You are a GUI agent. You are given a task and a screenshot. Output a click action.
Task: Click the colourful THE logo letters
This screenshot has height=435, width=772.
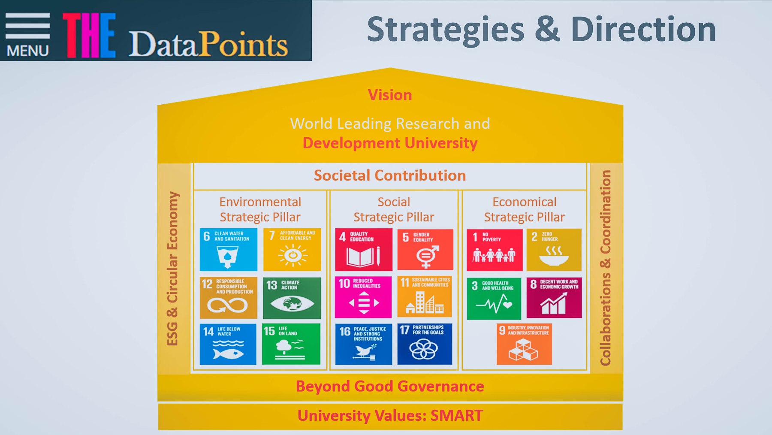pos(89,35)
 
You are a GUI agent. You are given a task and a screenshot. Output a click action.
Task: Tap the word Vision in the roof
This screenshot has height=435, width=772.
pos(390,95)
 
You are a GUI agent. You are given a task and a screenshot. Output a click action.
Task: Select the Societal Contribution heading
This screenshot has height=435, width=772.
pos(390,175)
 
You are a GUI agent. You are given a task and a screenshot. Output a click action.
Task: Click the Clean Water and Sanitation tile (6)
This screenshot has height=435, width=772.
pos(229,249)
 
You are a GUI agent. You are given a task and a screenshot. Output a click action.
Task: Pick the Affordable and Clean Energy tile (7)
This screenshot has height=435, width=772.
pos(292,249)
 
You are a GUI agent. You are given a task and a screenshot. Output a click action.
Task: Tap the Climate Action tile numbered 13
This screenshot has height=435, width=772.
pos(292,298)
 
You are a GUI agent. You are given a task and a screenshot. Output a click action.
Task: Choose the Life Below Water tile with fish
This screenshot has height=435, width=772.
pos(228,344)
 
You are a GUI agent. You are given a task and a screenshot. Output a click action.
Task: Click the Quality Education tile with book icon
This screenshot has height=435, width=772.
pos(364,249)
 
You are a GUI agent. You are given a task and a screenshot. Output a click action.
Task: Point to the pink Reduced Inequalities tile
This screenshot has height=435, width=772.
pos(363,297)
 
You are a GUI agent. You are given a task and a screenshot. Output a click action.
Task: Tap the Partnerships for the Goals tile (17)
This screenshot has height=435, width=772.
pos(425,344)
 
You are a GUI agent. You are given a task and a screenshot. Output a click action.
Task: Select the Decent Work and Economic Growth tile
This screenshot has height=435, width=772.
pos(554,298)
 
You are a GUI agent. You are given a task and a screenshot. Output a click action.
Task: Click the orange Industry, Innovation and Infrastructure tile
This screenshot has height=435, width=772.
pos(524,344)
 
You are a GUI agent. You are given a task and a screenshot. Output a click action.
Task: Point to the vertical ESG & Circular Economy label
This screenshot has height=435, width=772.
pos(172,269)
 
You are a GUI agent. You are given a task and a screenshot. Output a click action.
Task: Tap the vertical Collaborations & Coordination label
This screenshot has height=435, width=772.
pos(606,268)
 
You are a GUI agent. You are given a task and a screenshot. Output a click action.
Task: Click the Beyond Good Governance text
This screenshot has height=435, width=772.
pos(390,387)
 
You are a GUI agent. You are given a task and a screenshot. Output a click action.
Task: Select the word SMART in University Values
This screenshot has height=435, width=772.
pos(457,416)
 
